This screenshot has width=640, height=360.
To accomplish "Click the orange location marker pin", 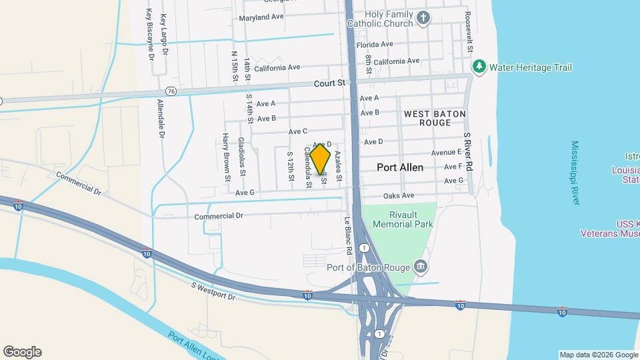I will click(x=321, y=158).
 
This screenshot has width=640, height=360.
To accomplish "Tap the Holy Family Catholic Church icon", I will click(x=423, y=18).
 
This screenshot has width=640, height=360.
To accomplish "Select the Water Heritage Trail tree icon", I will click(x=479, y=67).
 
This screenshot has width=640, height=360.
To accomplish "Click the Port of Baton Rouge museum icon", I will click(x=421, y=267).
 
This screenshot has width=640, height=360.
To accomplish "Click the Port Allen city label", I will click(x=400, y=167).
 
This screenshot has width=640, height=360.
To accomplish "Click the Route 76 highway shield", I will click(x=172, y=91).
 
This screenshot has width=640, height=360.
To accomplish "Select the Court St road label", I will click(x=331, y=83).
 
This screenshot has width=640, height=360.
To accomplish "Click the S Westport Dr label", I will click(x=213, y=291).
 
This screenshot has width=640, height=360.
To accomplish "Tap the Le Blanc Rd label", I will click(x=347, y=236).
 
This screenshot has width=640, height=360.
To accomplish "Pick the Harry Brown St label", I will click(x=226, y=157).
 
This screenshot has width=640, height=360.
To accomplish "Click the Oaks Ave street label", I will click(x=399, y=195).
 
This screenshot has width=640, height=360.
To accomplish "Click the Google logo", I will click(x=23, y=351).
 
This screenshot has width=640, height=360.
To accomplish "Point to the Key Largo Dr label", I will click(x=164, y=33).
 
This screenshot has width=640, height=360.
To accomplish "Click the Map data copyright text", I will click(x=598, y=354).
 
